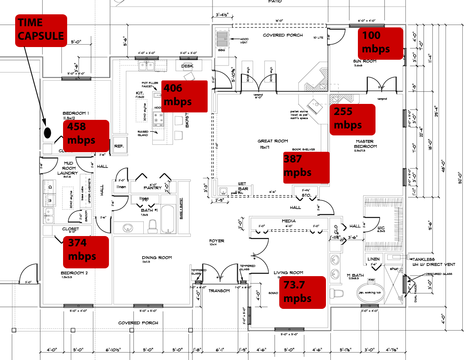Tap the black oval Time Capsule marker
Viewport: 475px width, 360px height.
click(x=47, y=133)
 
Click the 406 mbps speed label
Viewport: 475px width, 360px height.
click(x=184, y=96)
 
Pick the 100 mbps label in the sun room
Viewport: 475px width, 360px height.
click(x=380, y=43)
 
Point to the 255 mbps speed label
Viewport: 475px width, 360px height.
click(x=352, y=119)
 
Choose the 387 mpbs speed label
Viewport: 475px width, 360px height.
click(x=306, y=167)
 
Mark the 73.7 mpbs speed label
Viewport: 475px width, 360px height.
click(x=302, y=292)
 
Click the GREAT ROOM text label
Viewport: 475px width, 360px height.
click(x=273, y=141)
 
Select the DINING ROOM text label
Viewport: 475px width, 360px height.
click(x=157, y=258)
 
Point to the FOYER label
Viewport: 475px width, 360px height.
click(x=217, y=241)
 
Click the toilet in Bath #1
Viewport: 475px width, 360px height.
click(x=153, y=226)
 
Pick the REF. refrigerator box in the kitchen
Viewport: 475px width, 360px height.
click(x=119, y=146)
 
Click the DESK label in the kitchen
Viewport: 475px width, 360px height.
click(x=187, y=65)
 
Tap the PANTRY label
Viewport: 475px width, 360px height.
click(x=152, y=188)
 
